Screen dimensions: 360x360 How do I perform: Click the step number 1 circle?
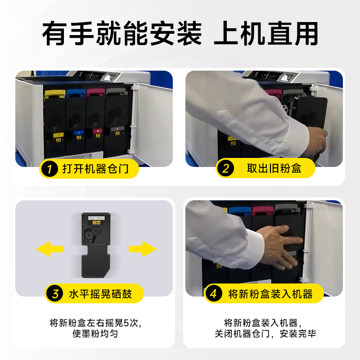[49, 169]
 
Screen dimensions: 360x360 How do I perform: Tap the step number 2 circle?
[226, 168]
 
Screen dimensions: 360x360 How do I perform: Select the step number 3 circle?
[55, 294]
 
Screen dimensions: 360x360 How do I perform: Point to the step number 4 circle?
[214, 293]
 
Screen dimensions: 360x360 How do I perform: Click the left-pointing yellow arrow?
[50, 249]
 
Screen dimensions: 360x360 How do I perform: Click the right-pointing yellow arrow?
[143, 249]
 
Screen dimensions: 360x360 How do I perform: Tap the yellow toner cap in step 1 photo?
[54, 94]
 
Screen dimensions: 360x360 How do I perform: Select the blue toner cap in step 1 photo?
[76, 93]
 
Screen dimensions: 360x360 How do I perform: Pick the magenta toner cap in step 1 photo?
[95, 92]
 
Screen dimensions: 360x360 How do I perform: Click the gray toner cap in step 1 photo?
[116, 92]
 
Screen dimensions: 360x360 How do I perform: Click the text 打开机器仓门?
[95, 169]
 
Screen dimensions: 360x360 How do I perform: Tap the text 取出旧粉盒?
[274, 168]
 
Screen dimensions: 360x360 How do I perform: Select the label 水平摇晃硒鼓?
[100, 294]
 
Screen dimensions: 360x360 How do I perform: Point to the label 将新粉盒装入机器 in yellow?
[270, 294]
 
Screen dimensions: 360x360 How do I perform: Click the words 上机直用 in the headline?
[266, 33]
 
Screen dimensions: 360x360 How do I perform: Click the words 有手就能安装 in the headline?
[122, 33]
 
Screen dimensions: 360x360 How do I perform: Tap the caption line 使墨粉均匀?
[95, 333]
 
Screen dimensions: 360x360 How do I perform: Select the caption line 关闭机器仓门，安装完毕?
[265, 333]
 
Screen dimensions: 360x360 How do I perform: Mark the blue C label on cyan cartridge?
[79, 132]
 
